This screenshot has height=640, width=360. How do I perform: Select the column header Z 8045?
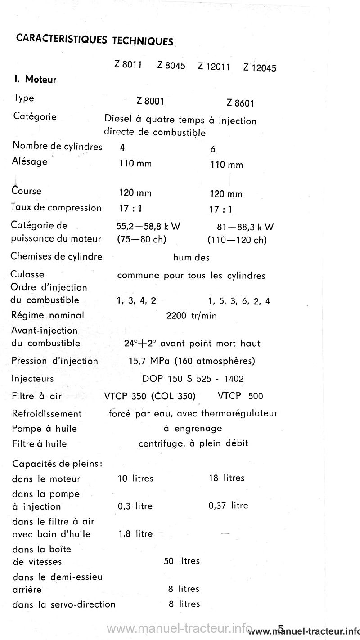(x=171, y=66)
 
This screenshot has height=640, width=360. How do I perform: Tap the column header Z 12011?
(x=214, y=67)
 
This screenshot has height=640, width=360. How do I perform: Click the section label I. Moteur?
(x=35, y=80)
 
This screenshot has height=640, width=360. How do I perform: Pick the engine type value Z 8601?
(x=241, y=104)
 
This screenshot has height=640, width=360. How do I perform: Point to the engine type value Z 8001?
(x=150, y=102)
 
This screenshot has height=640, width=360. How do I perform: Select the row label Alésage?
(x=30, y=161)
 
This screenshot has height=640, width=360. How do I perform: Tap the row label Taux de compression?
(x=56, y=208)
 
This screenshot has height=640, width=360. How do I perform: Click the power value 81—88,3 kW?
(x=245, y=227)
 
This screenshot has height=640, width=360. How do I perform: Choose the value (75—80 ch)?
(x=141, y=239)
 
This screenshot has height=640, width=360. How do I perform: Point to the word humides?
(x=191, y=258)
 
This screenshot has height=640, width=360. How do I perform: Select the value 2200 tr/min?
(x=191, y=316)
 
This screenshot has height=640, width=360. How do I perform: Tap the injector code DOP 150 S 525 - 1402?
(x=193, y=379)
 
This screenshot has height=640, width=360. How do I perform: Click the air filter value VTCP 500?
(x=240, y=396)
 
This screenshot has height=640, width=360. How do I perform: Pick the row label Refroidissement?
(x=47, y=414)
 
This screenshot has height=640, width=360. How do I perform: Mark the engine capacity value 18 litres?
(x=227, y=478)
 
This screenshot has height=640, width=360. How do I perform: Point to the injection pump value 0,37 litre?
(x=229, y=506)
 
